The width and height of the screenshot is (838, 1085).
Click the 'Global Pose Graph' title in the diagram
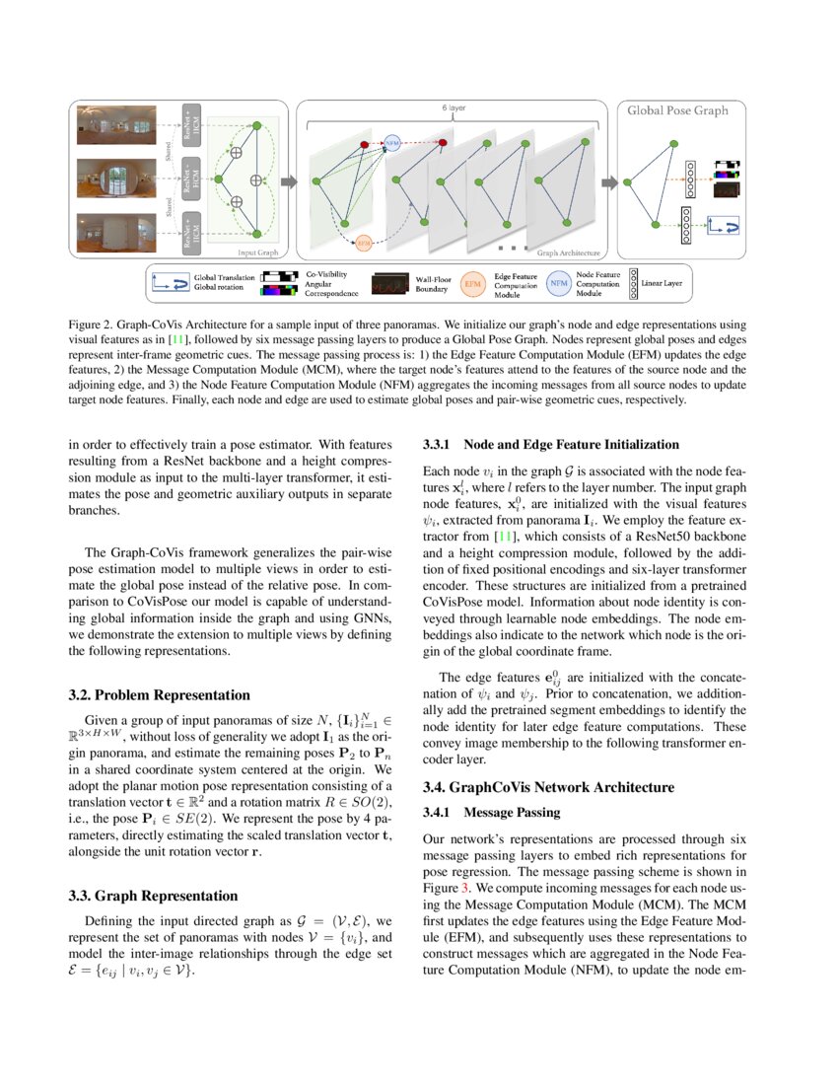(677, 110)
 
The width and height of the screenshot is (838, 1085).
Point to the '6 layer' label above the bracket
(453, 106)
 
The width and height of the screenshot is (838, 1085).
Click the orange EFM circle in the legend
(474, 284)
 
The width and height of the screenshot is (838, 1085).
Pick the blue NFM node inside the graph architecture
(392, 143)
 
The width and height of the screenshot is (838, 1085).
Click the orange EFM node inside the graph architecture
(364, 241)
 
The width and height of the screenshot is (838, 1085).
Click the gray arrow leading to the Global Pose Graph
(609, 181)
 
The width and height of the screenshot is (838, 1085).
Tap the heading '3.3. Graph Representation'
(153, 896)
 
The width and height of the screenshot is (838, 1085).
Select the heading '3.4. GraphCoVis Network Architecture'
(548, 787)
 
